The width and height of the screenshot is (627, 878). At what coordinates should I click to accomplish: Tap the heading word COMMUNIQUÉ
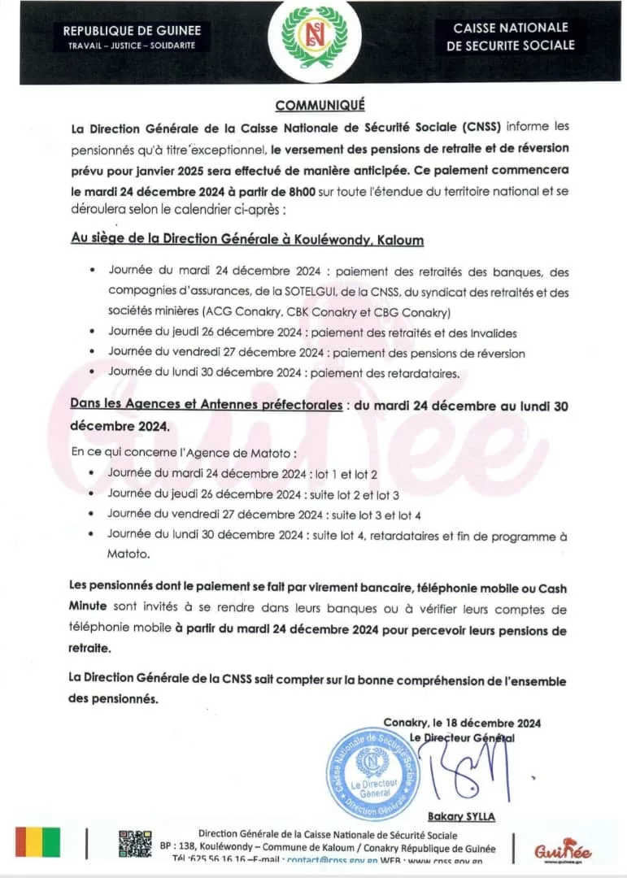(320, 105)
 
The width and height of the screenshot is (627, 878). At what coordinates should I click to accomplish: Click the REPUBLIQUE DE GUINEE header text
(132, 31)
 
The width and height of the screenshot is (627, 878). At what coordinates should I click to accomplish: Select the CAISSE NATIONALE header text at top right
(511, 28)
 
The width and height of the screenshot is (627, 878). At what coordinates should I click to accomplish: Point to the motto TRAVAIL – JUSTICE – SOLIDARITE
(132, 45)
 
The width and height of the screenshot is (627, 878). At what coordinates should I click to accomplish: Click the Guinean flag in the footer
(37, 844)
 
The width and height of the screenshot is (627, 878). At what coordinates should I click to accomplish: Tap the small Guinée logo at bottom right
(563, 850)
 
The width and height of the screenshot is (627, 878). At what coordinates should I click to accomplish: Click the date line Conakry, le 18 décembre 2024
(462, 723)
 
